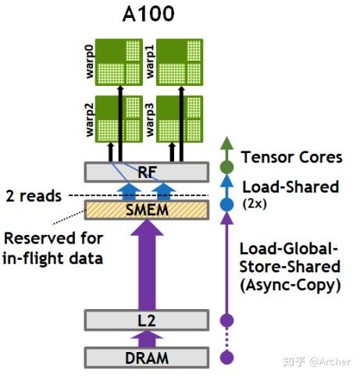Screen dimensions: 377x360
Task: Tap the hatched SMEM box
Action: point(146,209)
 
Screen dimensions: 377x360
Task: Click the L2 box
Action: point(146,320)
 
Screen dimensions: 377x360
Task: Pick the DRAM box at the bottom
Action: point(146,357)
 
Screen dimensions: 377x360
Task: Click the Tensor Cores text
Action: point(291,158)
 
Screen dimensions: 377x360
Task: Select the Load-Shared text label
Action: point(290,187)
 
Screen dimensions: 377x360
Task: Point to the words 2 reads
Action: point(32,196)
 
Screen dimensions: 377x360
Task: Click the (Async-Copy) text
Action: point(291,286)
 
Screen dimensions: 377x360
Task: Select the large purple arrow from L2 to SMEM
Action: point(146,265)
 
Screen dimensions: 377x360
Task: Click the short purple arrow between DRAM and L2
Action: point(146,338)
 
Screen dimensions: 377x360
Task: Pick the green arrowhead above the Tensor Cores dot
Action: point(227,144)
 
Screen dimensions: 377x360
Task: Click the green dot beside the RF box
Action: point(227,166)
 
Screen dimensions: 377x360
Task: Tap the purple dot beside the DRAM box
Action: point(227,357)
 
